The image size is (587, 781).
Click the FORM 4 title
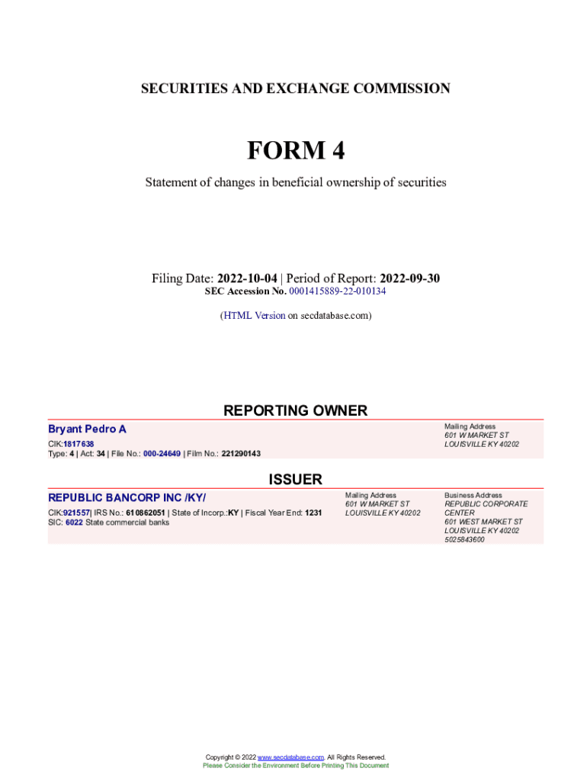[295, 151]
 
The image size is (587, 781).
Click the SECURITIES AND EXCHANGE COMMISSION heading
[295, 88]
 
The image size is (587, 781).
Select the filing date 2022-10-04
[247, 279]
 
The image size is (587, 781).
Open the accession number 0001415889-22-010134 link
[338, 291]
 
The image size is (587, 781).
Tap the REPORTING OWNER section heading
[295, 410]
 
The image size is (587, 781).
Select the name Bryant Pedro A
[87, 429]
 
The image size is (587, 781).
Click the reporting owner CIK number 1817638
[79, 444]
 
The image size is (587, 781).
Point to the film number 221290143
[241, 454]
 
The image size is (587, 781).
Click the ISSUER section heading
[295, 480]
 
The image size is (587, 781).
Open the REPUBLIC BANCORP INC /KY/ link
[127, 498]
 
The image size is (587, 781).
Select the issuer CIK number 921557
[76, 513]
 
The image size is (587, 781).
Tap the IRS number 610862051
[145, 513]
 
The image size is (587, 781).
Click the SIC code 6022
[74, 522]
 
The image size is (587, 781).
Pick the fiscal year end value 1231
[313, 513]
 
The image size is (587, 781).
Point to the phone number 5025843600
[464, 539]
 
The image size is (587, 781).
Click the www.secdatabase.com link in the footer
[291, 757]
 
